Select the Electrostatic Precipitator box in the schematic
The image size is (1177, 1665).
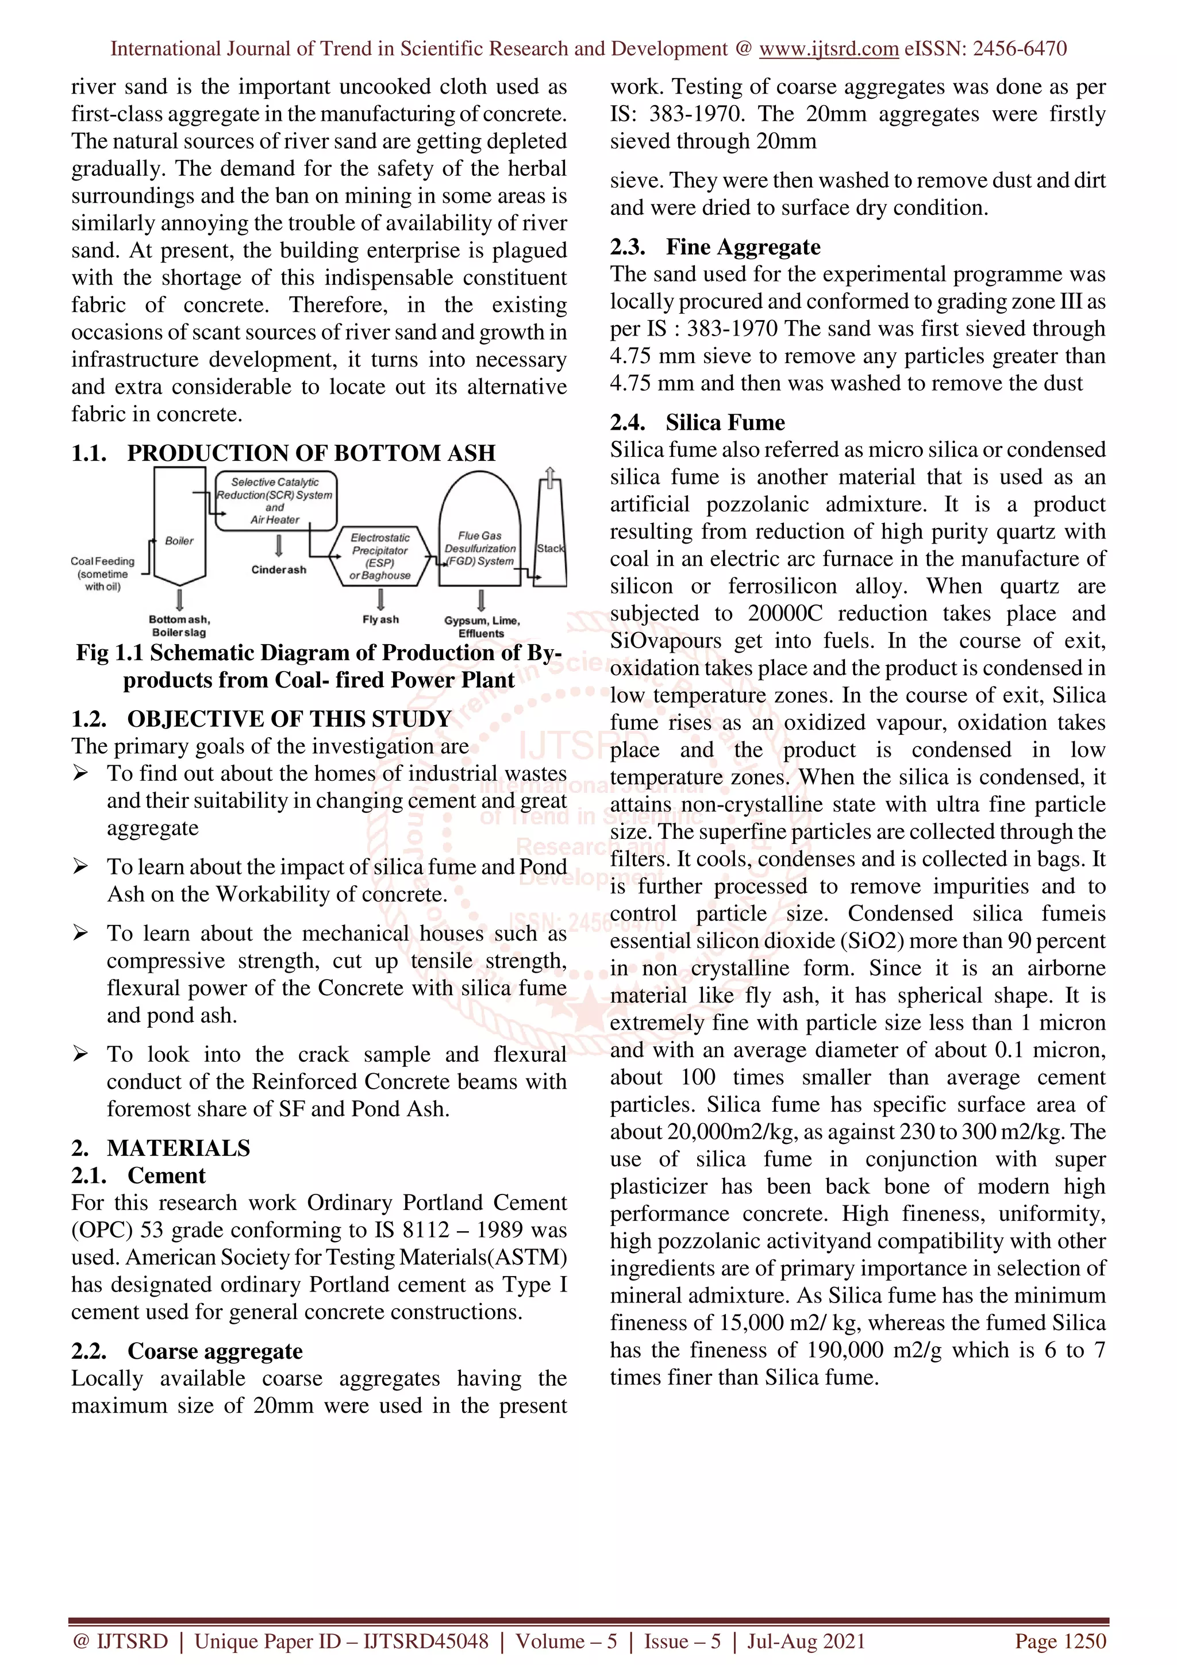380,556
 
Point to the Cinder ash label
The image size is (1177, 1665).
279,570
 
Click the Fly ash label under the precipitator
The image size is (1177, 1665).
380,619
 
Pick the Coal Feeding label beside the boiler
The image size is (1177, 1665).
102,573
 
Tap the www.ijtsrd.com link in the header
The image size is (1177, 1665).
828,49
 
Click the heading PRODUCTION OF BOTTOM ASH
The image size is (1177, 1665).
311,453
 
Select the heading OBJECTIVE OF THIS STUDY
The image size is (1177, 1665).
289,719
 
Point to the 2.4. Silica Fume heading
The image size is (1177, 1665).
697,422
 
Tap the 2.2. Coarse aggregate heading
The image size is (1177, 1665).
187,1351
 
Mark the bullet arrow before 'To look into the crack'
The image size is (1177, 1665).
80,1054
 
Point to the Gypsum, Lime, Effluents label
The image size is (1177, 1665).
482,627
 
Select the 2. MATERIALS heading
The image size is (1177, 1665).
161,1148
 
